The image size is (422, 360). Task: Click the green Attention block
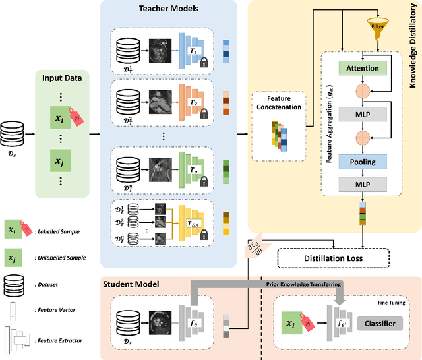(x=362, y=69)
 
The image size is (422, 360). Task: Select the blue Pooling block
(x=362, y=162)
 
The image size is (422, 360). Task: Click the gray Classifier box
(x=381, y=323)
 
